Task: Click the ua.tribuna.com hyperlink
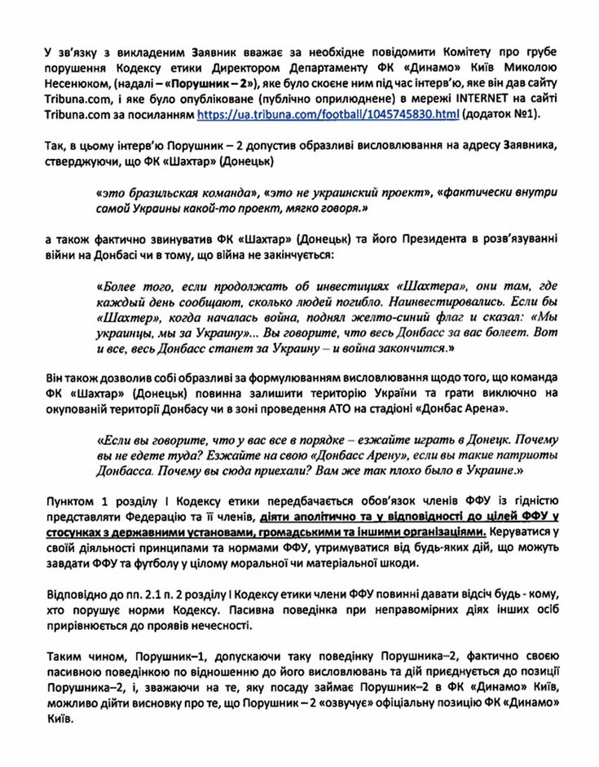(x=327, y=117)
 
